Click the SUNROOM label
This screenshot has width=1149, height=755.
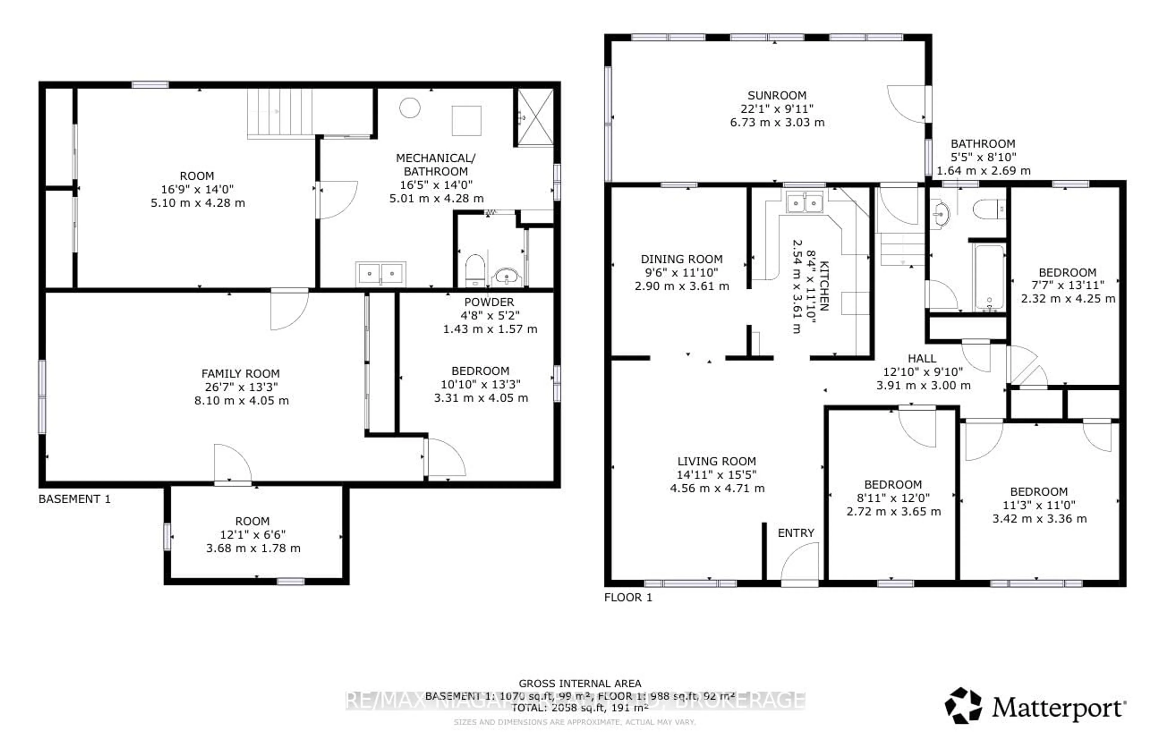(777, 96)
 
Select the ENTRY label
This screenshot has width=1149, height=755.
(796, 533)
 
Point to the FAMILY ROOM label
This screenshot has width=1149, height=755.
(240, 374)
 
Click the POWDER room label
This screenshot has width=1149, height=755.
(489, 302)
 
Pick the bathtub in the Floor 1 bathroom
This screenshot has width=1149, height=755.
(989, 277)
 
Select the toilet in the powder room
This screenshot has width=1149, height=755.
(475, 270)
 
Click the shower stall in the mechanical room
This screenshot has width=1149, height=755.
(535, 117)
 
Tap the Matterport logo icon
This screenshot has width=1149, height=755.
(963, 705)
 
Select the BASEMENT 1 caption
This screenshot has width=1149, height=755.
(74, 499)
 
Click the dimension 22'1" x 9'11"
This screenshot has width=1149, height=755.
(777, 109)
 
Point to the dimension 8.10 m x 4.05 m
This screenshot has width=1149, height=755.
(241, 401)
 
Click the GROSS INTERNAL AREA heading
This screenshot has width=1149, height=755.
(580, 684)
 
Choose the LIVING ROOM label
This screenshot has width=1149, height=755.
(716, 462)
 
